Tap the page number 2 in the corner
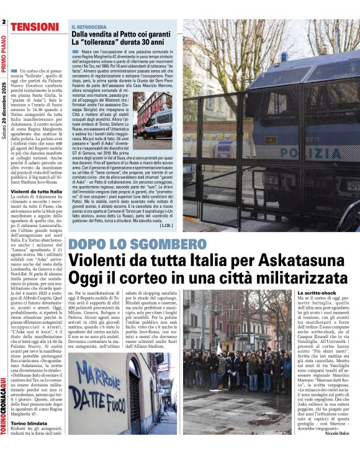4,23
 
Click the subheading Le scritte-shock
318,292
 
